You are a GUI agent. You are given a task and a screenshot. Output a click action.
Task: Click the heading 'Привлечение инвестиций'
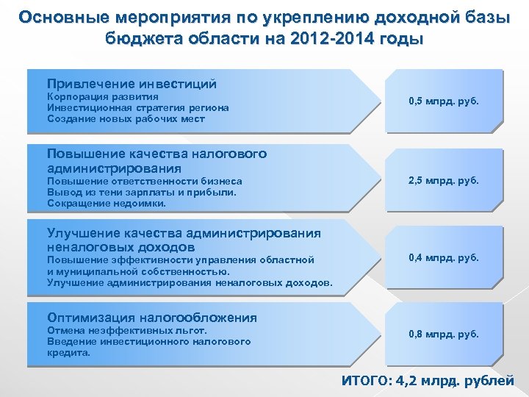(132, 84)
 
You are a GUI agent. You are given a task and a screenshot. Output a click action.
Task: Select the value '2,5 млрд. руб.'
(444, 180)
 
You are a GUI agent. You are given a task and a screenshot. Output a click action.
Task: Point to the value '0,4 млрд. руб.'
(444, 257)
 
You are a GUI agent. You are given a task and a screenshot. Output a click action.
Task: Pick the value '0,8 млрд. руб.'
(444, 335)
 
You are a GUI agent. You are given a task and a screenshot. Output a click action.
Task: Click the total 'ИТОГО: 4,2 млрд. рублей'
(428, 381)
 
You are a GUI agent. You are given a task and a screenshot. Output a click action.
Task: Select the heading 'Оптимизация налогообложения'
(152, 318)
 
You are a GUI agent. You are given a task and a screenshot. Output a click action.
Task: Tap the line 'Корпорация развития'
(103, 96)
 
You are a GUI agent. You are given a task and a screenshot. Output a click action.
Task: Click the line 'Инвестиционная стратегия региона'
(137, 107)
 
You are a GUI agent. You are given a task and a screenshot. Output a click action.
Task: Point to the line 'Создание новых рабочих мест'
(126, 118)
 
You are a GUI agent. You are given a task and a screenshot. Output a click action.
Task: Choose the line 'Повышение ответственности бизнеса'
(144, 181)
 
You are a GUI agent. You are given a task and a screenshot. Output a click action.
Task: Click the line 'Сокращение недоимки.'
(107, 203)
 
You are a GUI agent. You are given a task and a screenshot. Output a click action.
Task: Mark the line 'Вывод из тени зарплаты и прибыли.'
(142, 192)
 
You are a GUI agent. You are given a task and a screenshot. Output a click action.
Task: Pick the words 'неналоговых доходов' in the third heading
(121, 247)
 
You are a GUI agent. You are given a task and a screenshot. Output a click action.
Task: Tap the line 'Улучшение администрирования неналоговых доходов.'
(190, 282)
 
